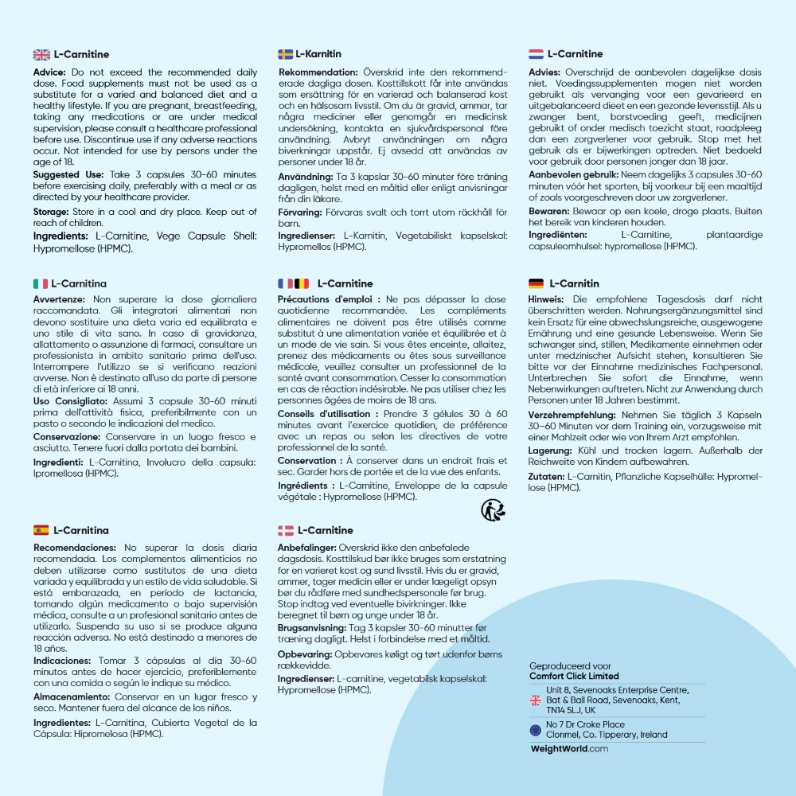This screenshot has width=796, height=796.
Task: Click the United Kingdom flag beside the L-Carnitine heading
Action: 41,54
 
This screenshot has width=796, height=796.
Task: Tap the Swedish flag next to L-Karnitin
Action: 286,54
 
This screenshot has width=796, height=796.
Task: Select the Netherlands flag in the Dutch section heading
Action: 537,54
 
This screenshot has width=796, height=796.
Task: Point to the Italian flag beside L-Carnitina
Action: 41,283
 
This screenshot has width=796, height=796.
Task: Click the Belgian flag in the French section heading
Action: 302,283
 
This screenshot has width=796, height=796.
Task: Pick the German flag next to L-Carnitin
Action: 537,283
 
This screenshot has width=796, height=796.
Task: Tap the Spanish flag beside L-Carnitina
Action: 41,530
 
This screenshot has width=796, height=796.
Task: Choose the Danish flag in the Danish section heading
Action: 286,530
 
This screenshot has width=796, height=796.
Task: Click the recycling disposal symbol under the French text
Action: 492,509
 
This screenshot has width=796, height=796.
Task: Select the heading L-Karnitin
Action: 318,54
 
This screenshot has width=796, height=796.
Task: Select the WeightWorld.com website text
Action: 569,749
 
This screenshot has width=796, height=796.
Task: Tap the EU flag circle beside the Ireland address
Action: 536,730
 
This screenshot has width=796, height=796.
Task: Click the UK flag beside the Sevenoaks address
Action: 536,700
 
